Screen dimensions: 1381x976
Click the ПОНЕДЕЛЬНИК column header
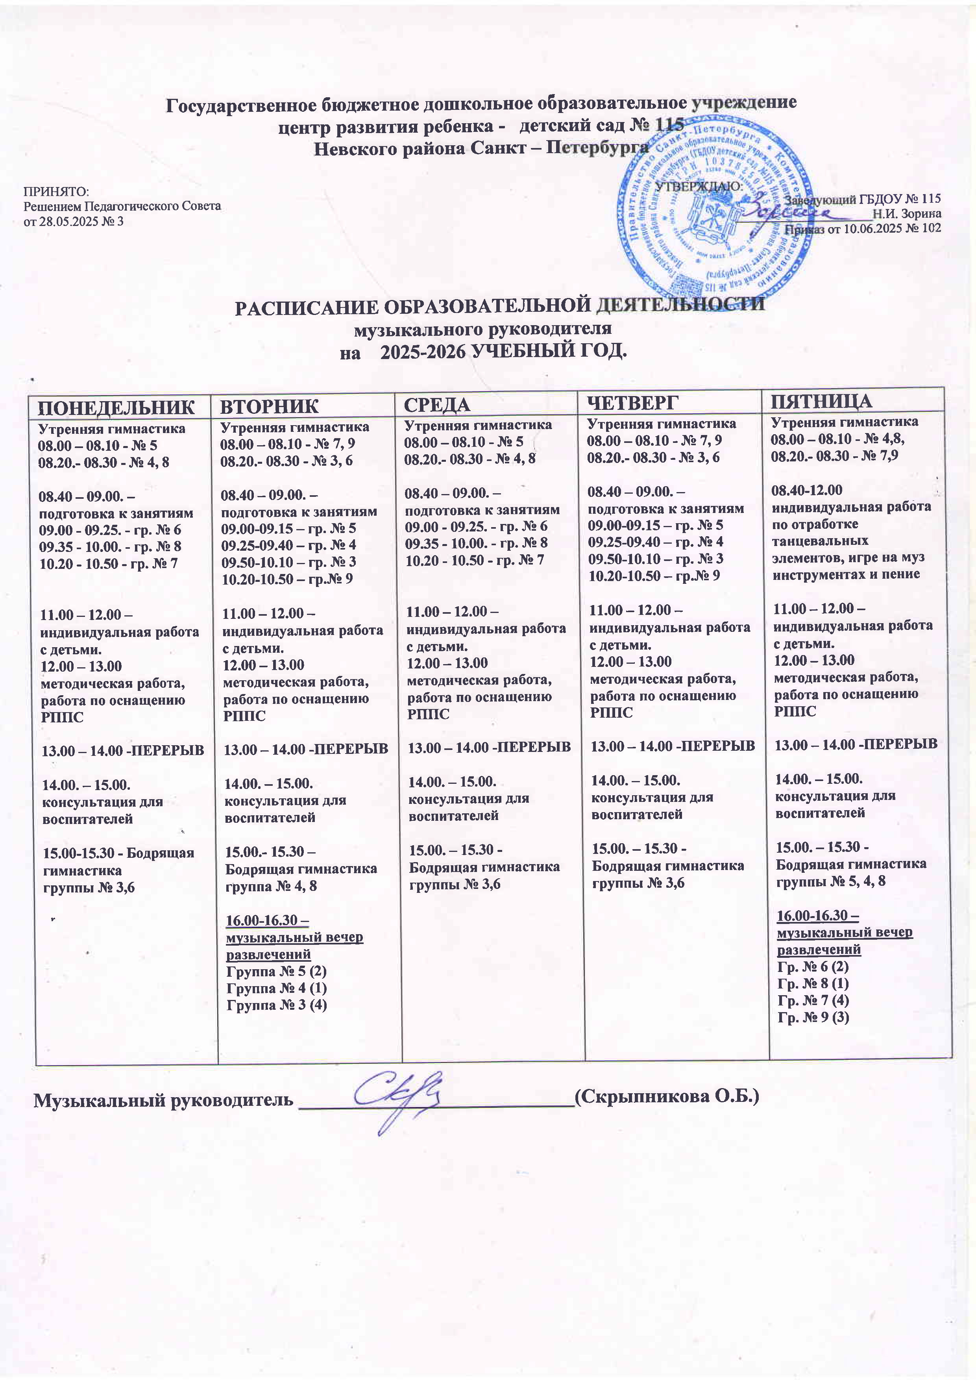point(117,407)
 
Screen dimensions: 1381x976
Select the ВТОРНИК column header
point(270,406)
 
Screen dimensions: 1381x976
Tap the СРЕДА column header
point(436,404)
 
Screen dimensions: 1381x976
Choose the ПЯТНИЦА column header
point(821,401)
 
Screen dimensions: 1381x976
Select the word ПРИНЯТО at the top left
point(56,192)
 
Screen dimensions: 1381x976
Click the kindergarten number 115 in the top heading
point(666,126)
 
